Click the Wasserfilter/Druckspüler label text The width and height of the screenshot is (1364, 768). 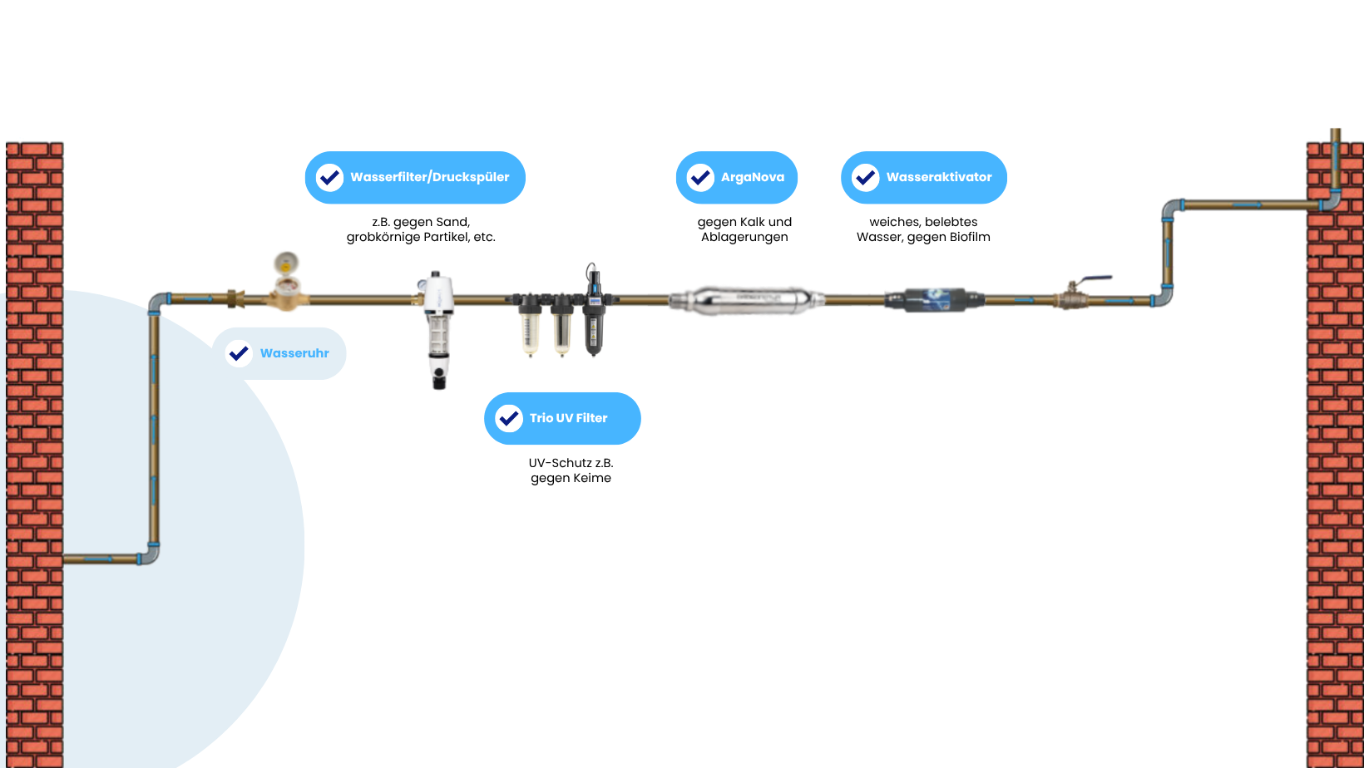[429, 177]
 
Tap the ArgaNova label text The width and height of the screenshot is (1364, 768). [752, 177]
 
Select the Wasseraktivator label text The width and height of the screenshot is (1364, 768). [938, 177]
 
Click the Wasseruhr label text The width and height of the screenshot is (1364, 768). [294, 353]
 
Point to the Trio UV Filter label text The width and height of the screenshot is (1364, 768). [568, 418]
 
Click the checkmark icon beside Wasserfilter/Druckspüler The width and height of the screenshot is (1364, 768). [329, 177]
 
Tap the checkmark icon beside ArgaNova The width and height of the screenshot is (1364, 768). [700, 177]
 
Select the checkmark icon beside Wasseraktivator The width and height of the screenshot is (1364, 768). [865, 177]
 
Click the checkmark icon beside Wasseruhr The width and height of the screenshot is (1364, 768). [239, 353]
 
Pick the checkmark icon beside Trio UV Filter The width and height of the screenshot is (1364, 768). [509, 418]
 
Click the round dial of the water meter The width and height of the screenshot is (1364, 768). [285, 263]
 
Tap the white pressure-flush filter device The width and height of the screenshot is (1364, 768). [437, 324]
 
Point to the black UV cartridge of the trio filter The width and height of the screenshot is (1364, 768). [593, 324]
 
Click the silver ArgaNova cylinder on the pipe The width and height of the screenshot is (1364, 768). [746, 299]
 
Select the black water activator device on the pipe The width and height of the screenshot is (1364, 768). [934, 299]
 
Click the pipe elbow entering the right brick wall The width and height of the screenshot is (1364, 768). [1330, 202]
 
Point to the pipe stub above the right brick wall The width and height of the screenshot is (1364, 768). [1335, 135]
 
